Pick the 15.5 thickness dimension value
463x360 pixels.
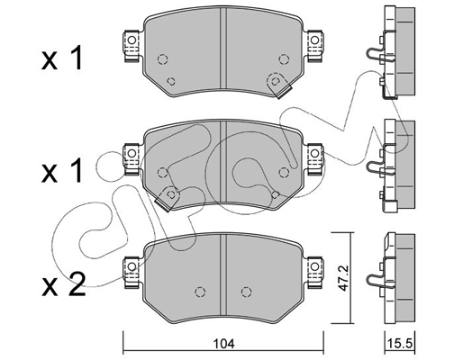(x=397, y=343)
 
